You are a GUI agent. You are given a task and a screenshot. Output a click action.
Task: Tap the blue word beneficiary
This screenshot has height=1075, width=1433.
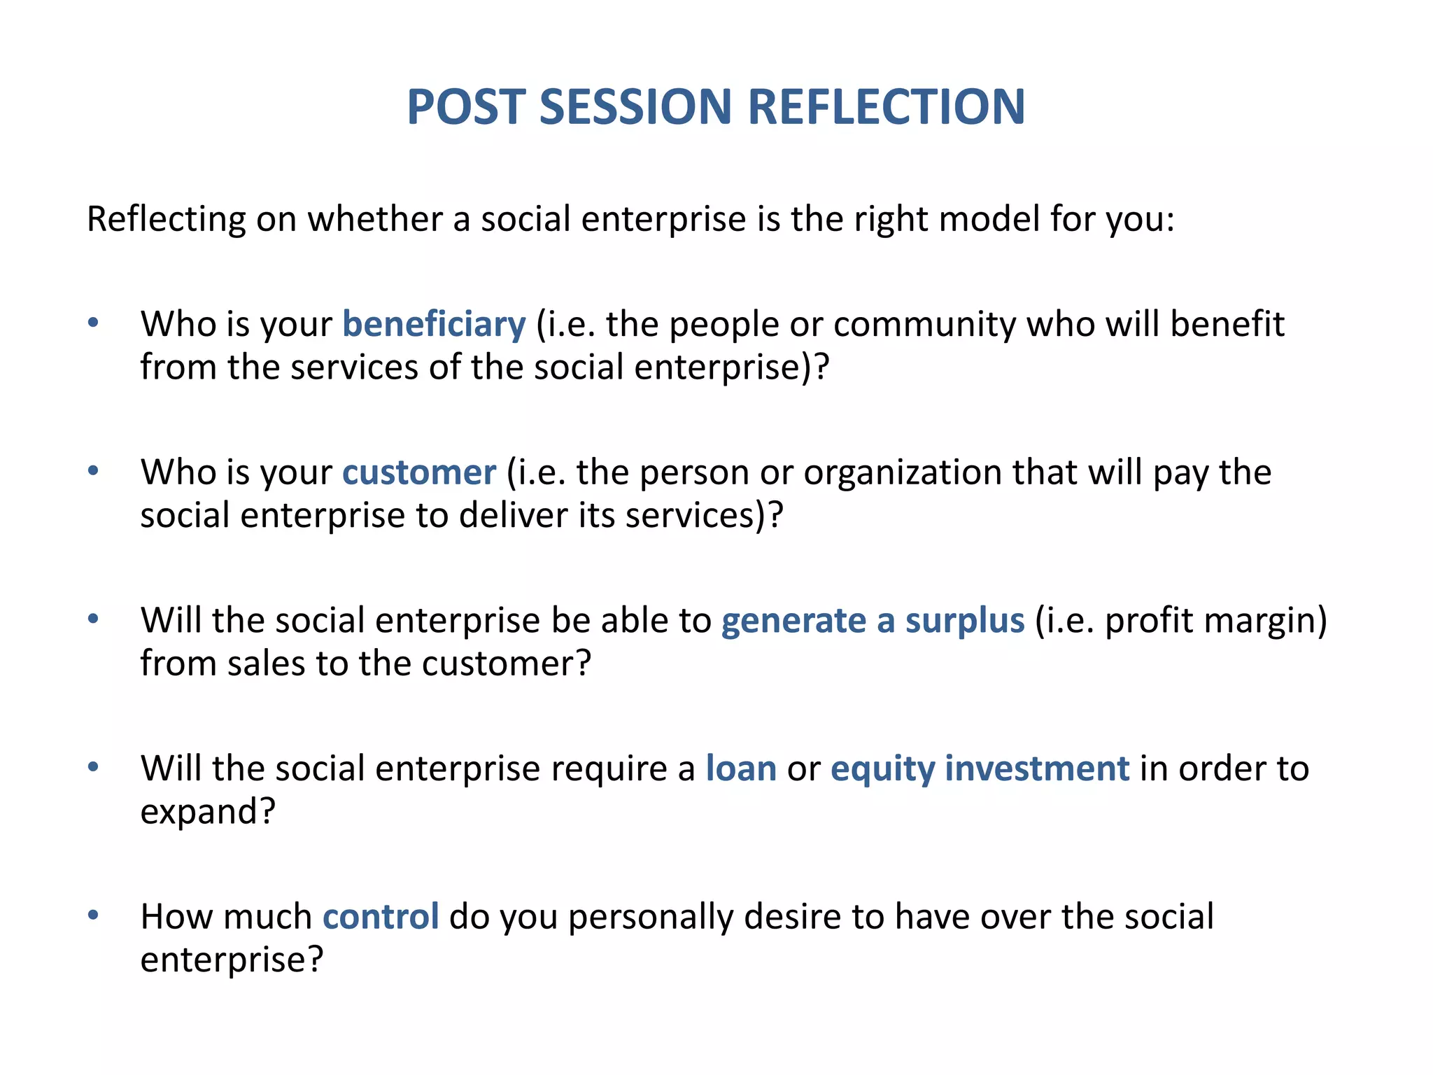[434, 325]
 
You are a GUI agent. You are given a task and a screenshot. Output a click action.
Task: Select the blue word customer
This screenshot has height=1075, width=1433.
[419, 472]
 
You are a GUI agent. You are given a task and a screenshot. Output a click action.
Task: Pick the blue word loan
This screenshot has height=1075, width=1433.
[741, 769]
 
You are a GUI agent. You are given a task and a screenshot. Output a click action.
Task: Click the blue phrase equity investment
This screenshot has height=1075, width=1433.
[980, 769]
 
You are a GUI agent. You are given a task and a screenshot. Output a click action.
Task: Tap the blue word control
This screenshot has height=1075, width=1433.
[381, 917]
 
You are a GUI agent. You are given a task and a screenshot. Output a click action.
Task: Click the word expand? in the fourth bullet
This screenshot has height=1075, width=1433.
[208, 812]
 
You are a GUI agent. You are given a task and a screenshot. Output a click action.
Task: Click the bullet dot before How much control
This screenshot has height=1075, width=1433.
[93, 915]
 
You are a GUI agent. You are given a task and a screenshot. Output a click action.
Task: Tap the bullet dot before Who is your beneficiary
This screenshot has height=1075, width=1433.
[93, 323]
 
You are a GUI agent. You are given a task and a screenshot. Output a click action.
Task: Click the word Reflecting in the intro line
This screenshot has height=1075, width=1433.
[166, 220]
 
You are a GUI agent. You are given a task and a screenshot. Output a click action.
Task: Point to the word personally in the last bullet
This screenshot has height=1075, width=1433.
[651, 917]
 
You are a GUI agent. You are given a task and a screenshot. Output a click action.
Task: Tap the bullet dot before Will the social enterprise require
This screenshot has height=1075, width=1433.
[93, 767]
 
